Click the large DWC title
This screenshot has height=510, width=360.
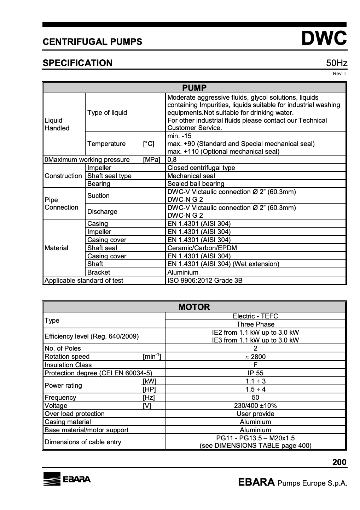tap(324, 39)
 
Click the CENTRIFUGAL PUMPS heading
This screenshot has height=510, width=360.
tap(92, 42)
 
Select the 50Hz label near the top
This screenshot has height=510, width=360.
tap(336, 63)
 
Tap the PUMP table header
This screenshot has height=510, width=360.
tap(194, 88)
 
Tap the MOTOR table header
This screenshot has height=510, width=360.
tap(194, 307)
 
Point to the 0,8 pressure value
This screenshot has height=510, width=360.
tap(172, 160)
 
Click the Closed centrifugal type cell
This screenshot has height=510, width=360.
tap(201, 168)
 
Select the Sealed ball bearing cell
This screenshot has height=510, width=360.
tap(196, 184)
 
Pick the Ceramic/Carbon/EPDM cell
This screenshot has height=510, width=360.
tap(202, 248)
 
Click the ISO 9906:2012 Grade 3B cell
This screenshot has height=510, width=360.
tap(205, 281)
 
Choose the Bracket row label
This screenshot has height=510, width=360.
tap(99, 272)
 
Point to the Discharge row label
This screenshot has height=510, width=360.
tap(102, 212)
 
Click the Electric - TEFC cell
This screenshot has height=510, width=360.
tap(255, 316)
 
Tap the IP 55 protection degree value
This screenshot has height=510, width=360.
tap(255, 373)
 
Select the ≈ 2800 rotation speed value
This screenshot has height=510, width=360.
tap(255, 357)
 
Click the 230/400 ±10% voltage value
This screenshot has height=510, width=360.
tap(255, 406)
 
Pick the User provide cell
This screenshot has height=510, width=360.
tap(255, 414)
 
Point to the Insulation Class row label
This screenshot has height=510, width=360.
tap(68, 365)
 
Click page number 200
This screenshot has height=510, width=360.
tap(339, 462)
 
